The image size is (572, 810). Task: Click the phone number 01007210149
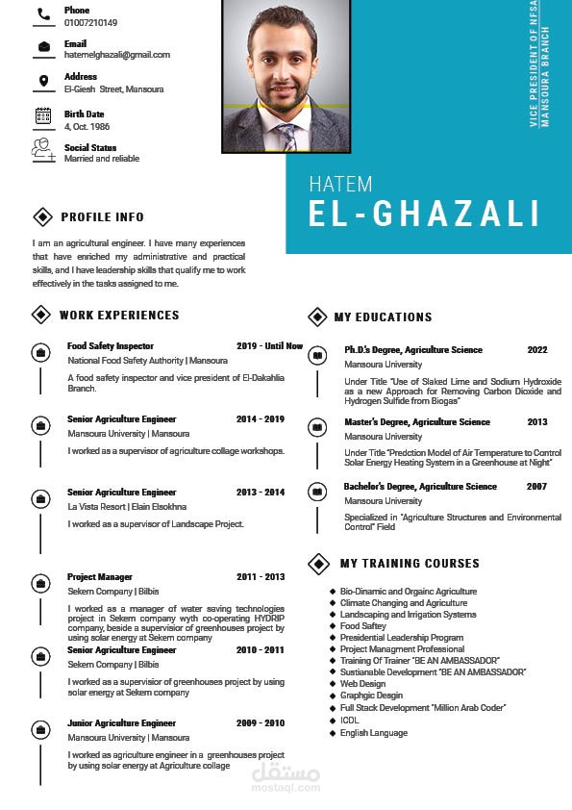[x=90, y=22]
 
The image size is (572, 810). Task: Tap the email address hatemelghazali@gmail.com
[x=116, y=55]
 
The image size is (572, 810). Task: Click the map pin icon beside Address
[x=43, y=81]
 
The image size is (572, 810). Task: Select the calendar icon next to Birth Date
[x=43, y=115]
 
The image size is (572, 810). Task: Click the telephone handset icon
[x=43, y=14]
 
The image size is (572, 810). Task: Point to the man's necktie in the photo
[x=286, y=135]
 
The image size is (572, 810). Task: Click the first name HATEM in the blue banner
[x=340, y=184]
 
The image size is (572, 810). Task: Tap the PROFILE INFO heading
[x=102, y=216]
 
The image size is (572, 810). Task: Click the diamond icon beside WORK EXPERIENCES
[x=41, y=315]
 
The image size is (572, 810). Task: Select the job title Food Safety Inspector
[x=111, y=346]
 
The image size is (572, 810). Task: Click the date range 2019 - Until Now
[x=269, y=346]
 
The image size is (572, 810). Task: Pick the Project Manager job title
[x=100, y=577]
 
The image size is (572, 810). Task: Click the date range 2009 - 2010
[x=261, y=722]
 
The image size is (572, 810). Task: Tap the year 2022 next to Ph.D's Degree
[x=536, y=350]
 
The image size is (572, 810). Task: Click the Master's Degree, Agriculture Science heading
[x=417, y=422]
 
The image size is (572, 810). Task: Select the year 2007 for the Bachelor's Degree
[x=536, y=487]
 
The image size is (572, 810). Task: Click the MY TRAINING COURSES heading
[x=410, y=563]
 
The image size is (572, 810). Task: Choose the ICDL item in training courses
[x=349, y=719]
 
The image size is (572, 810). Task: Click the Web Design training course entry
[x=362, y=684]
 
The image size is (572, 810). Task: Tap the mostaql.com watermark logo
[x=286, y=777]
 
